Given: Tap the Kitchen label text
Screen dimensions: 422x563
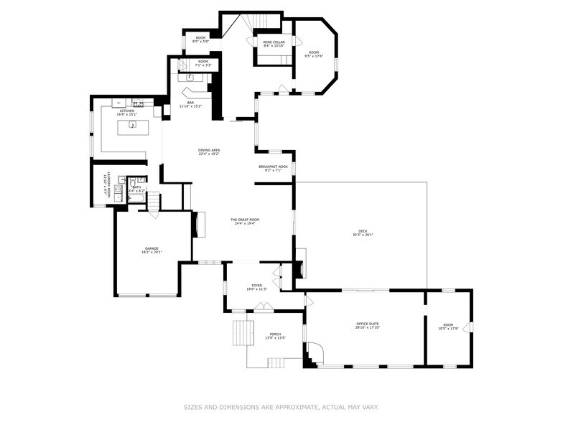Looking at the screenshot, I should pos(127,111).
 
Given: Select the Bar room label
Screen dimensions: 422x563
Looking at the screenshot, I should pos(190,102).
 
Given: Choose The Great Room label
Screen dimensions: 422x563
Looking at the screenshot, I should pos(244,219).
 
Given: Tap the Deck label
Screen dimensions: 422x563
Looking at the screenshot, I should pos(363,230).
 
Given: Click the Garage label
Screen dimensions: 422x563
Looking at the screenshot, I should pos(152,248).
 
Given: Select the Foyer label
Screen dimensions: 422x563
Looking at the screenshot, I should pos(256,285).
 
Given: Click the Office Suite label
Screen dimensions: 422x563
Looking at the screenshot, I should pos(368,324).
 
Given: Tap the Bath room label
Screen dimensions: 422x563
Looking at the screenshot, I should pos(136,187).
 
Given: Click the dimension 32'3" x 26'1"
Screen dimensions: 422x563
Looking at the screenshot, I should pos(363,235).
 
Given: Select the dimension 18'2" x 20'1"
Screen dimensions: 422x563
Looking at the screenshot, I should pos(152,253).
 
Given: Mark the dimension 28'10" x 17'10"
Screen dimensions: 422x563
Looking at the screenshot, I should pos(368,328).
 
